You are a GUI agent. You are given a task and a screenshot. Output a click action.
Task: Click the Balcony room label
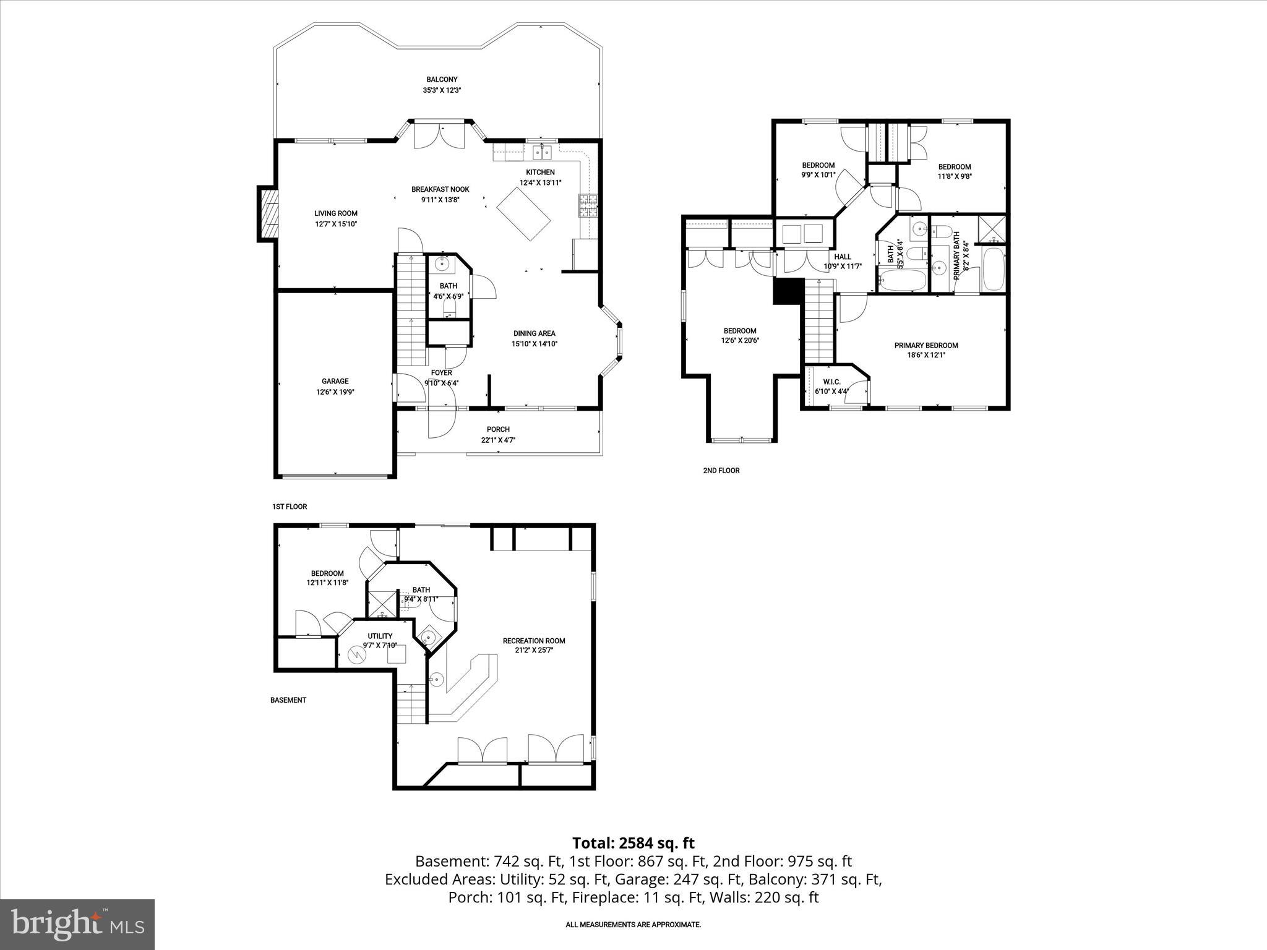click(442, 79)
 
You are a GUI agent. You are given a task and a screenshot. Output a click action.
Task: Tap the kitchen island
click(524, 214)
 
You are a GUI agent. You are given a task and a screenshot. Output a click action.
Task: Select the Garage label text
click(335, 381)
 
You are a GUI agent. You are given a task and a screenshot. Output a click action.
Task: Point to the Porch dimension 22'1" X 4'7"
click(498, 440)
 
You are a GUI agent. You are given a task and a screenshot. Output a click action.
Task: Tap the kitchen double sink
click(542, 152)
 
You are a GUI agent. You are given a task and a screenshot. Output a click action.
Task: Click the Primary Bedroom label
click(926, 345)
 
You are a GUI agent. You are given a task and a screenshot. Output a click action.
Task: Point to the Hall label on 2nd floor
click(842, 257)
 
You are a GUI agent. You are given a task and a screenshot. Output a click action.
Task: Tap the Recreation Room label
click(533, 641)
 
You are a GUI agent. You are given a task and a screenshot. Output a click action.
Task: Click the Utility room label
click(380, 636)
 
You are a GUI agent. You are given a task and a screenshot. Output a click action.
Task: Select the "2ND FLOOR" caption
click(721, 471)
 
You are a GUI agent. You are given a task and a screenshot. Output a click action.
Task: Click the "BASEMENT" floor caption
click(288, 700)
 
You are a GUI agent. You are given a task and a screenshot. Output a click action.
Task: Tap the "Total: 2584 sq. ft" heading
click(633, 843)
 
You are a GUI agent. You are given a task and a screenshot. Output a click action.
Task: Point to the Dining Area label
click(534, 333)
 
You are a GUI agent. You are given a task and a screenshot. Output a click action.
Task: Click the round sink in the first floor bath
click(442, 264)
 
